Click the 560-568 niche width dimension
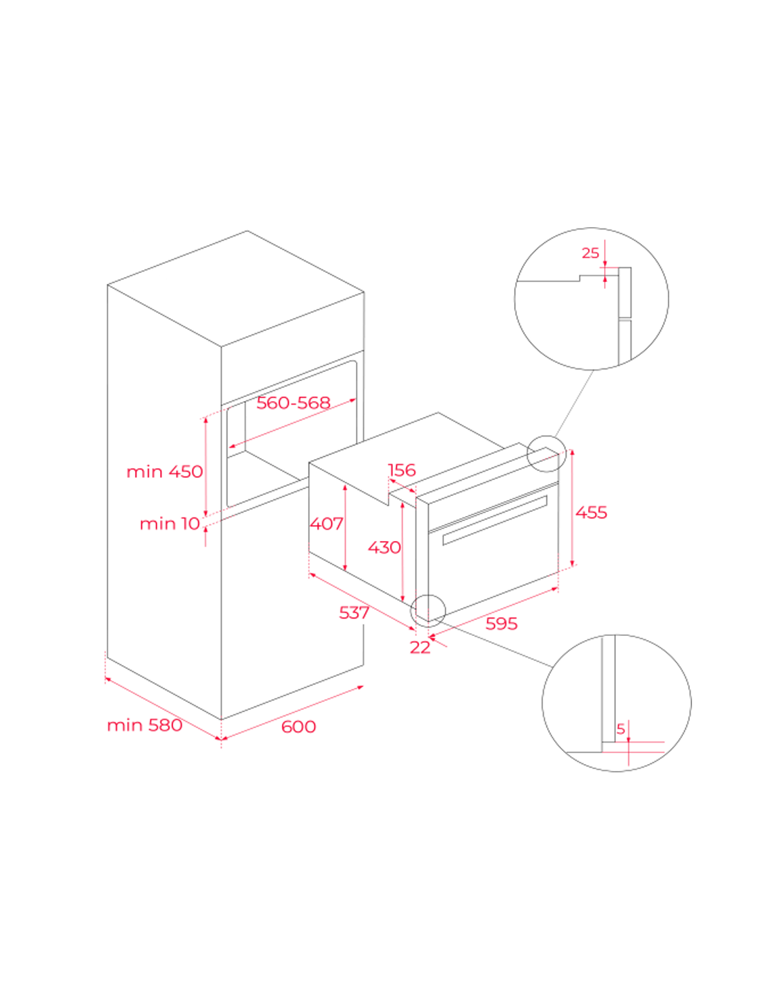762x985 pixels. click(293, 402)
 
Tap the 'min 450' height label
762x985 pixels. click(164, 472)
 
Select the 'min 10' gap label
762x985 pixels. click(170, 524)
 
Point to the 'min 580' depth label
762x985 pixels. click(145, 725)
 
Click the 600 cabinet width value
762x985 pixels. click(299, 727)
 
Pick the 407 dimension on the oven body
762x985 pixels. click(326, 524)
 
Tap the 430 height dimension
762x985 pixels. click(384, 547)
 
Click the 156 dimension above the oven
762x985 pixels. click(402, 470)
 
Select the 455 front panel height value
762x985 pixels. click(591, 512)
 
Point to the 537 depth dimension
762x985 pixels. click(354, 612)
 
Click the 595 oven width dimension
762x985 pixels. click(502, 623)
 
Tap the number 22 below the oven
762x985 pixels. click(420, 647)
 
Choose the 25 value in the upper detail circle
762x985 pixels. click(590, 253)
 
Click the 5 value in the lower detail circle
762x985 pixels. click(621, 729)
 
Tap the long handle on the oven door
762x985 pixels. click(495, 520)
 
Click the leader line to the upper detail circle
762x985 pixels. click(574, 403)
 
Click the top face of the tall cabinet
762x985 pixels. click(236, 289)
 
